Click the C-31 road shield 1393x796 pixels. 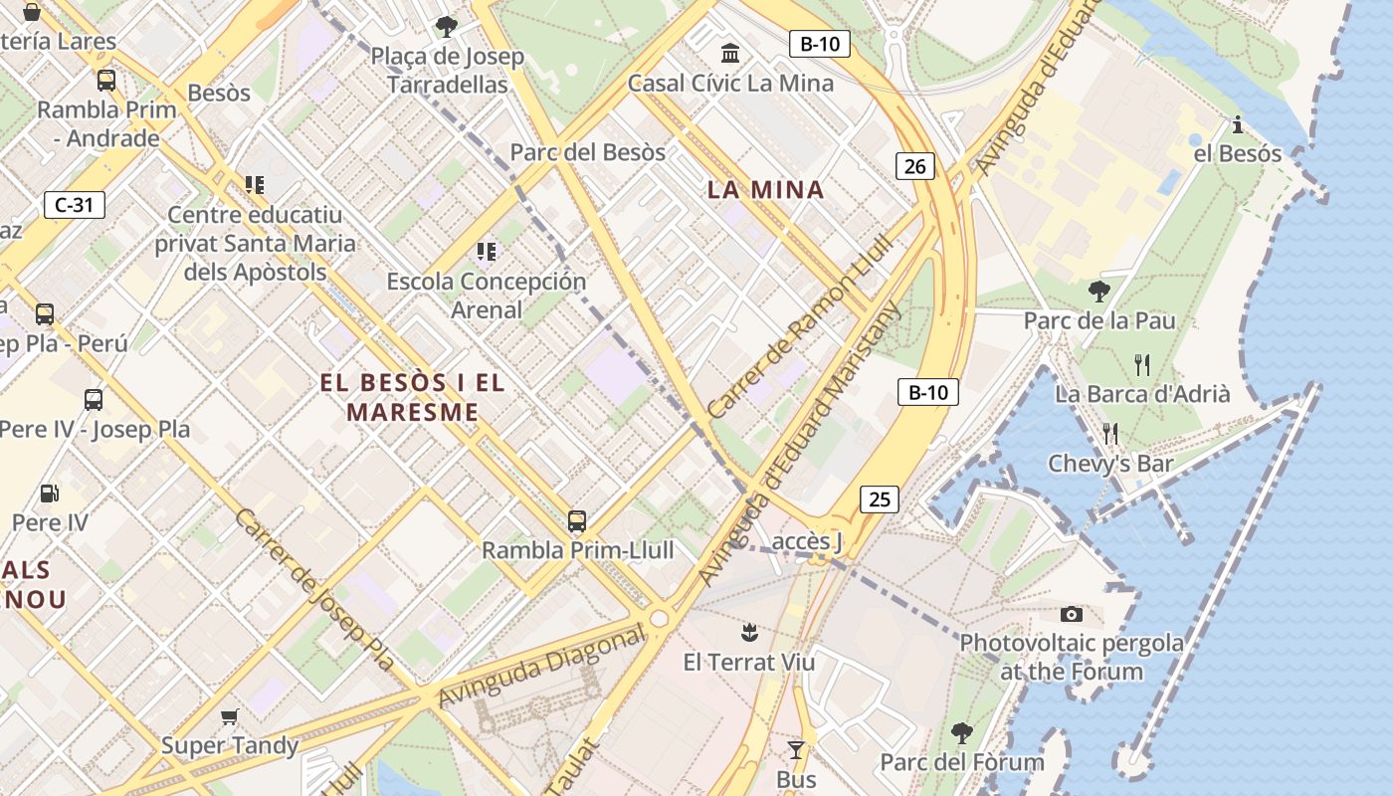75,206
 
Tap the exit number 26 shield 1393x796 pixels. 915,166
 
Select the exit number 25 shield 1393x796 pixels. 880,498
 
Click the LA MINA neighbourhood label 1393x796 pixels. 765,189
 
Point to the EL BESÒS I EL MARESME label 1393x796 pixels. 413,397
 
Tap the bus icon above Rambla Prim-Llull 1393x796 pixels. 577,520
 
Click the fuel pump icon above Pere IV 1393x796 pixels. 49,493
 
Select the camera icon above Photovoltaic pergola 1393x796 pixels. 1072,614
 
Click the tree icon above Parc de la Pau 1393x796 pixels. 1099,292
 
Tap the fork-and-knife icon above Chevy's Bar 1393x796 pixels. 1110,433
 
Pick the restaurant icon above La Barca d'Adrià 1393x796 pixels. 1142,364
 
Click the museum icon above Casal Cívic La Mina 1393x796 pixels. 730,53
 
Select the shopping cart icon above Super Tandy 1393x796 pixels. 230,716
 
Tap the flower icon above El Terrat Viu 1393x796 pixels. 749,632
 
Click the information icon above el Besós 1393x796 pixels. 1237,125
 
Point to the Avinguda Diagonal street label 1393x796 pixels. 542,670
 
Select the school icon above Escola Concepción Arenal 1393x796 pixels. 486,252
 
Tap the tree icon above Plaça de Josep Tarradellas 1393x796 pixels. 447,26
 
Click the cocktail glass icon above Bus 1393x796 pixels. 795,749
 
